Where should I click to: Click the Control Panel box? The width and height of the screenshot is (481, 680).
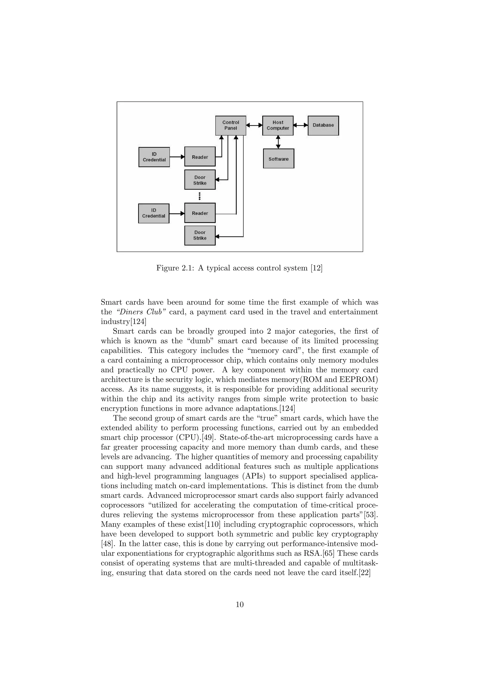tap(230, 125)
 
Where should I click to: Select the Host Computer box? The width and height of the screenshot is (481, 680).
tap(278, 125)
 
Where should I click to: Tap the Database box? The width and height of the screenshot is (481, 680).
tap(323, 125)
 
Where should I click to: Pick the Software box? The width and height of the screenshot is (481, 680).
tap(278, 159)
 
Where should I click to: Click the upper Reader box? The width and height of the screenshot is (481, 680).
tap(200, 157)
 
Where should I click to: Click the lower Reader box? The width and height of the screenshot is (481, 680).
tap(200, 213)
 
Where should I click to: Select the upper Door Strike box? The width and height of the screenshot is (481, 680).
tap(200, 180)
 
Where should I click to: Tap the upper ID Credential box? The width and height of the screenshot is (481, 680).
tap(154, 157)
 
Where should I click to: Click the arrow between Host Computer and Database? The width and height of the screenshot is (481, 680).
tap(301, 125)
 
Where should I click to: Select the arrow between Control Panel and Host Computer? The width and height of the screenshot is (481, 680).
tap(254, 125)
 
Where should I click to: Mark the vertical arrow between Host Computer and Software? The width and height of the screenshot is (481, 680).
tap(278, 142)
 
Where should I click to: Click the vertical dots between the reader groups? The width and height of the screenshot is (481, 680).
tap(200, 196)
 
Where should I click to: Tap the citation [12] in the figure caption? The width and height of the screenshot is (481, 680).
tap(316, 268)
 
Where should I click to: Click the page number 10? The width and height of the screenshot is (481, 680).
tap(240, 604)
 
